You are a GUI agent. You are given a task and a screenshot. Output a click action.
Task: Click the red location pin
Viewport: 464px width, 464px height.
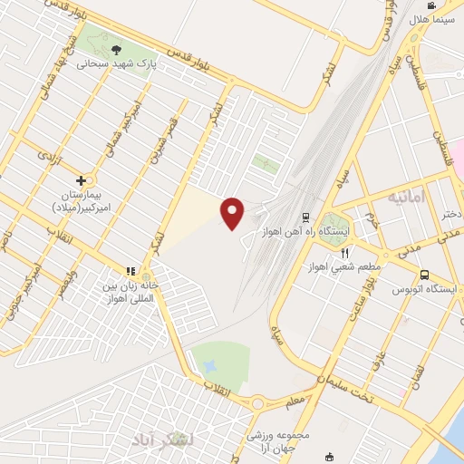[232, 212]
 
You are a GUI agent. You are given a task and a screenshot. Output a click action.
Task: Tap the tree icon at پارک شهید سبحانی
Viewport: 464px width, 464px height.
[115, 49]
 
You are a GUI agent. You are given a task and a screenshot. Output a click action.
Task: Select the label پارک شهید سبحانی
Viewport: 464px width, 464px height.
[117, 65]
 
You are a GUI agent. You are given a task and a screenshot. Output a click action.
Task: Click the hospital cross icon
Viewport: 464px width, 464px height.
[82, 180]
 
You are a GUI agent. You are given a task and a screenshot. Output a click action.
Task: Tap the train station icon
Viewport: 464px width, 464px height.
[305, 217]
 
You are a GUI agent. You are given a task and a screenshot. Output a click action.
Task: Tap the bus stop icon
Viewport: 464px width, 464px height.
[424, 275]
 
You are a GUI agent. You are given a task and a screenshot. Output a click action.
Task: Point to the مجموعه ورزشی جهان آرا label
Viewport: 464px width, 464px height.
[278, 441]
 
